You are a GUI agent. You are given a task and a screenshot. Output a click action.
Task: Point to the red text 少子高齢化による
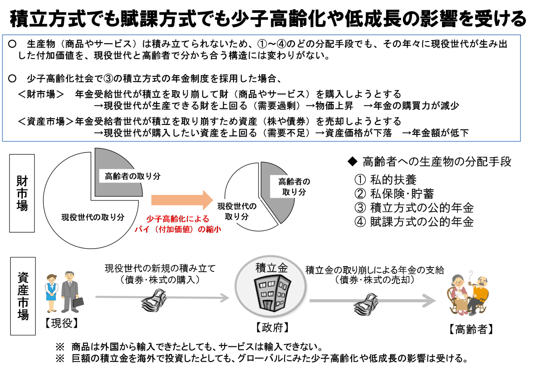click(x=177, y=219)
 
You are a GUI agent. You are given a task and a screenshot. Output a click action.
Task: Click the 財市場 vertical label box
click(x=22, y=193)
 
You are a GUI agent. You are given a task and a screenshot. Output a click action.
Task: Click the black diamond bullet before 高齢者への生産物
click(x=353, y=162)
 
